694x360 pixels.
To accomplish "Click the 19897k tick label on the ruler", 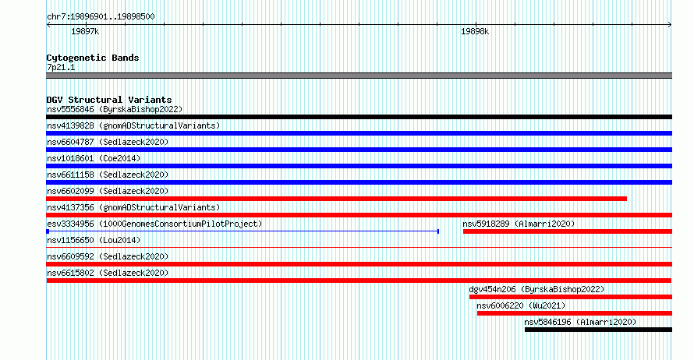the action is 85,31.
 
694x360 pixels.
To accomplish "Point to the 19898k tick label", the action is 475,31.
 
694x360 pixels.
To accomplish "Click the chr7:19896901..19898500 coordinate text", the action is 101,17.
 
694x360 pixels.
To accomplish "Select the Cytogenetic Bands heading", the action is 93,58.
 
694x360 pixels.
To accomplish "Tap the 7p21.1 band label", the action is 61,68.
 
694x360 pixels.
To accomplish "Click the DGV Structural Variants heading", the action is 109,100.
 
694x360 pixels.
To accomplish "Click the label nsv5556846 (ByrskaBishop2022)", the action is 115,109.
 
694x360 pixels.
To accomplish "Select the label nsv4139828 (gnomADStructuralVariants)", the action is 133,125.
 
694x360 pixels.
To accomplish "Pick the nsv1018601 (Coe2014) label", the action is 94,158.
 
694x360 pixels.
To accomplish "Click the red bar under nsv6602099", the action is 336,199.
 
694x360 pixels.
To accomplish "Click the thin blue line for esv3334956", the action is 243,231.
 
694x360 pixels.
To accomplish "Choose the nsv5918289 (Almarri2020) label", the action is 519,224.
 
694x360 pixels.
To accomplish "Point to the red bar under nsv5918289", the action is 568,231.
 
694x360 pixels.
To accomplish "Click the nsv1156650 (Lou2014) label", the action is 94,240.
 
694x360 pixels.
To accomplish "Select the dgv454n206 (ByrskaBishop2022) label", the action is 536,289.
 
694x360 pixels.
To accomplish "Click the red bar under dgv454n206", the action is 571,297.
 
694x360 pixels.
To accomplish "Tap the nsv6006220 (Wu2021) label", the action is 521,305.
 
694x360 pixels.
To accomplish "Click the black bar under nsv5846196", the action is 598,330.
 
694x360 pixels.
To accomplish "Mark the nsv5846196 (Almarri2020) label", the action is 580,322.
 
